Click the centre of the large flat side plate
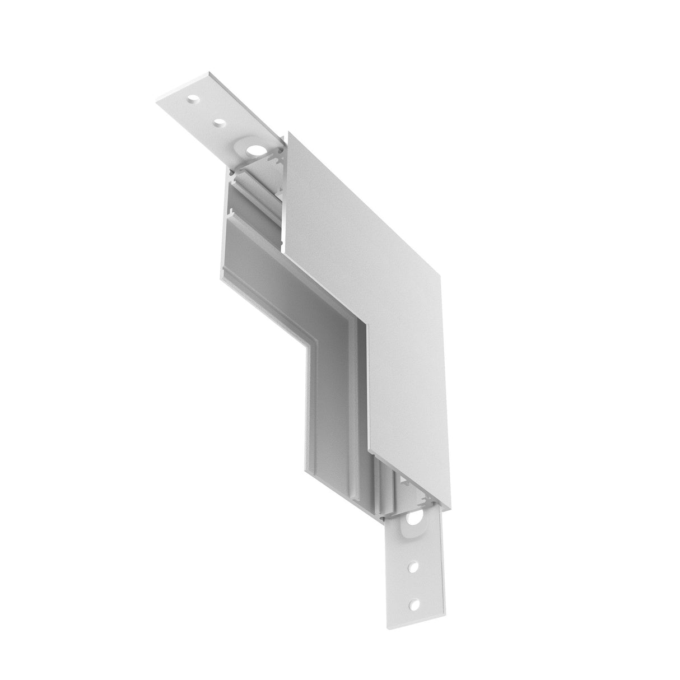pos(386,314)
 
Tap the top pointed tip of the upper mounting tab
pos(209,72)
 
